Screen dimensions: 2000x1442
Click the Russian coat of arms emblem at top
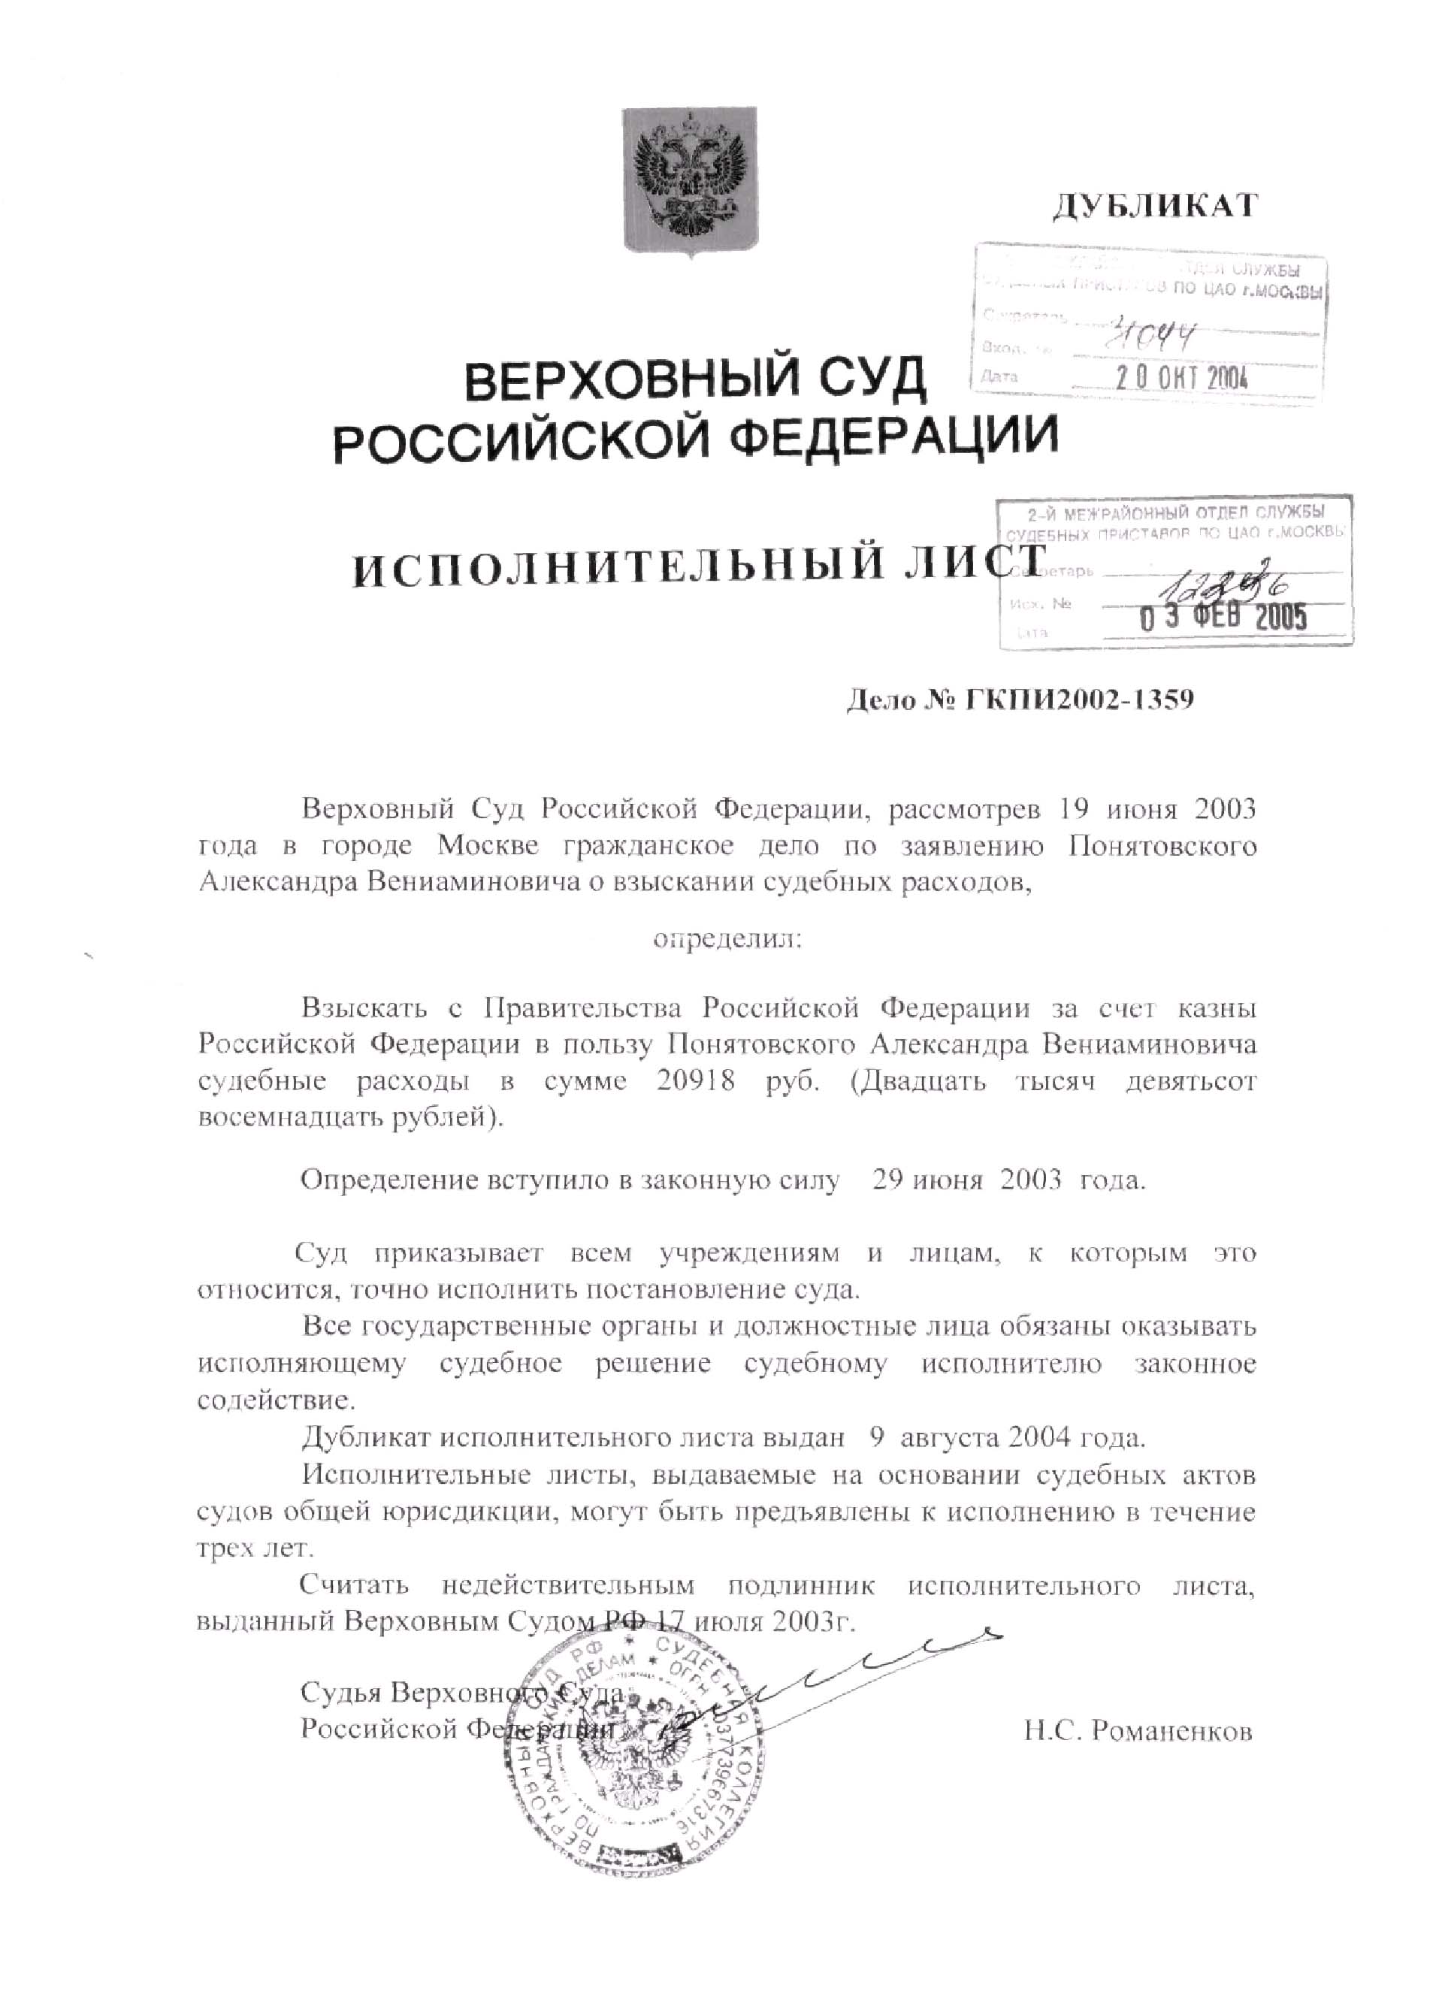[690, 183]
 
